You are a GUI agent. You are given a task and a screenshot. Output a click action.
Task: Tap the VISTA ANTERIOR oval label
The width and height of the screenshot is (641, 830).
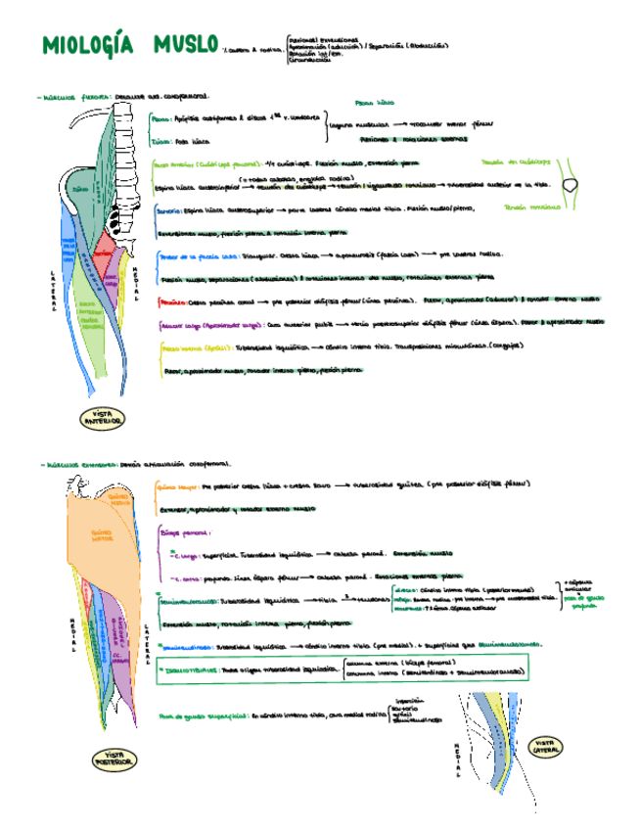click(102, 418)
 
